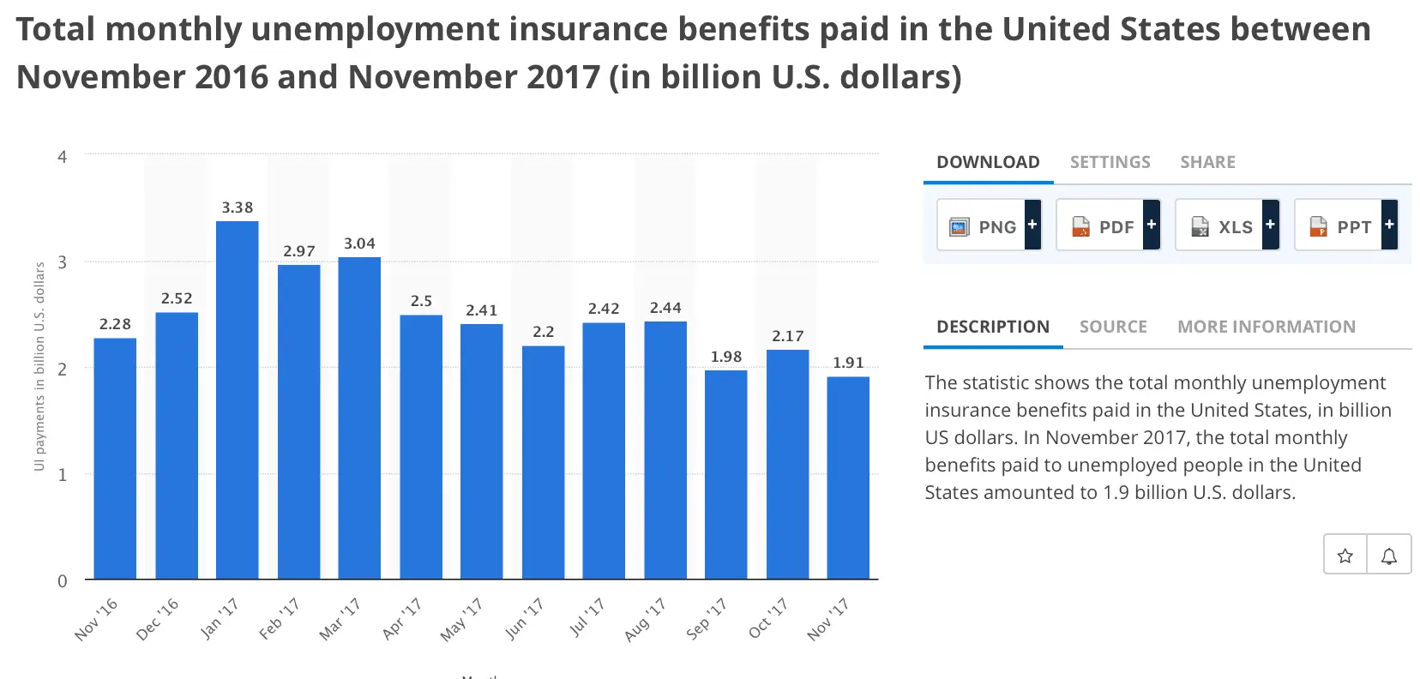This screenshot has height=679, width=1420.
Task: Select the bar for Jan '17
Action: pos(237,400)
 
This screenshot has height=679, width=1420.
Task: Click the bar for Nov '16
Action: pos(115,458)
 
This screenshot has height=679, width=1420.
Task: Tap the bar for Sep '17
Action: pos(725,474)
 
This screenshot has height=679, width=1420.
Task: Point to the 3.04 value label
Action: pos(359,243)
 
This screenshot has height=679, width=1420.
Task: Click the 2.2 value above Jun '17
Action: pos(543,332)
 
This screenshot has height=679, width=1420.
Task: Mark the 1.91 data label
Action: pos(848,363)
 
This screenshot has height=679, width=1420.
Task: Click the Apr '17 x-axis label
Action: pos(402,618)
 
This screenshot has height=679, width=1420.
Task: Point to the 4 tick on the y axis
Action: pos(62,157)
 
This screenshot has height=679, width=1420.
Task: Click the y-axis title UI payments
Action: pos(39,366)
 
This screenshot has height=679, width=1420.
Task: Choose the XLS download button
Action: pos(1227,225)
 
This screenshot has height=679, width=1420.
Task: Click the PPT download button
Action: pos(1345,225)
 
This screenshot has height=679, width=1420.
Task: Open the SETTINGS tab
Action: pos(1110,162)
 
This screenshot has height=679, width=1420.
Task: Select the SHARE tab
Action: pos(1207,162)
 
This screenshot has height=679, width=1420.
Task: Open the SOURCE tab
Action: pos(1113,327)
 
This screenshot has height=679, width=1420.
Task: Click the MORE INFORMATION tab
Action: pos(1266,327)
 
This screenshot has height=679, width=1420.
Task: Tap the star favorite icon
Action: pos(1345,556)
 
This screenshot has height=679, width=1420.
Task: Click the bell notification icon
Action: pos(1389,556)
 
